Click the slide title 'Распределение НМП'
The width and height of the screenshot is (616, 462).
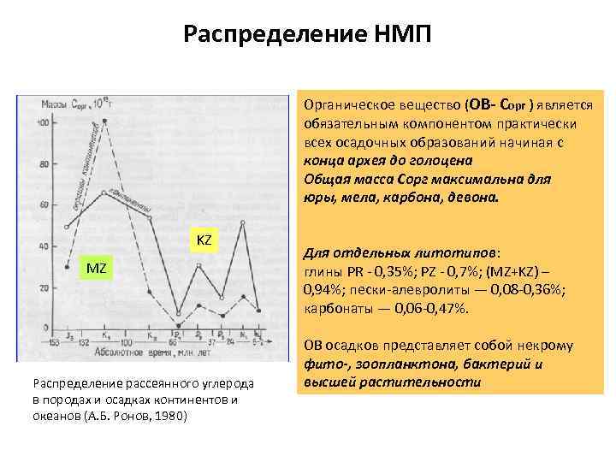308,35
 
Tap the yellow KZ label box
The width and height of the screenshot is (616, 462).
204,240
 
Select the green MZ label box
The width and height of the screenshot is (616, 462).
97,269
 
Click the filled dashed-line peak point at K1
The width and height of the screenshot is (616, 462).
104,121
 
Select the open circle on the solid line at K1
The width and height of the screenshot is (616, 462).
104,192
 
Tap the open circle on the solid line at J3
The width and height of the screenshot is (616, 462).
67,227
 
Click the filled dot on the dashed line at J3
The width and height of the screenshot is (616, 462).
67,267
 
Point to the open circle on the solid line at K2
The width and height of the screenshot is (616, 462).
150,217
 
